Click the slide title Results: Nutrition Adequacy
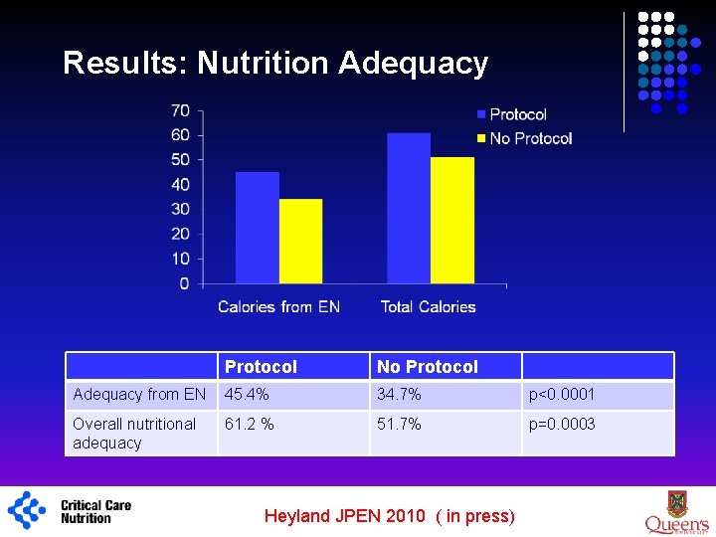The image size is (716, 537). click(275, 63)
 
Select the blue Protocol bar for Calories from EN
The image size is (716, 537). click(257, 228)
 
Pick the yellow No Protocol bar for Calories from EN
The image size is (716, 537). click(300, 241)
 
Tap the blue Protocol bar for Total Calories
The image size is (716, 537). click(408, 208)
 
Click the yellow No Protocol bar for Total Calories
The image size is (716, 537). click(451, 220)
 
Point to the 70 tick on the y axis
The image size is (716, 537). click(180, 110)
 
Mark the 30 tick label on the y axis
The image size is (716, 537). click(180, 209)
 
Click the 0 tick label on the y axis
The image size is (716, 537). click(184, 283)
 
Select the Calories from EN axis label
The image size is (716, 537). click(278, 306)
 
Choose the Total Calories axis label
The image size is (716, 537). click(428, 306)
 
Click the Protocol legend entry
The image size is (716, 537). click(517, 114)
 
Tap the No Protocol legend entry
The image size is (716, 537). click(530, 138)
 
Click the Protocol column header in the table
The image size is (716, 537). click(261, 367)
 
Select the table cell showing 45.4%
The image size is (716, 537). click(247, 395)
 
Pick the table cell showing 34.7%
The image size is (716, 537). click(399, 395)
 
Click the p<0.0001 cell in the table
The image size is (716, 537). click(562, 395)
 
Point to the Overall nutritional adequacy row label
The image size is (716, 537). click(134, 434)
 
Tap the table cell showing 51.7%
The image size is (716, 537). click(399, 425)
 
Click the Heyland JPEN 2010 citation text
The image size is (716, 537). click(389, 515)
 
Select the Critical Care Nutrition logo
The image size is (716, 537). click(70, 511)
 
